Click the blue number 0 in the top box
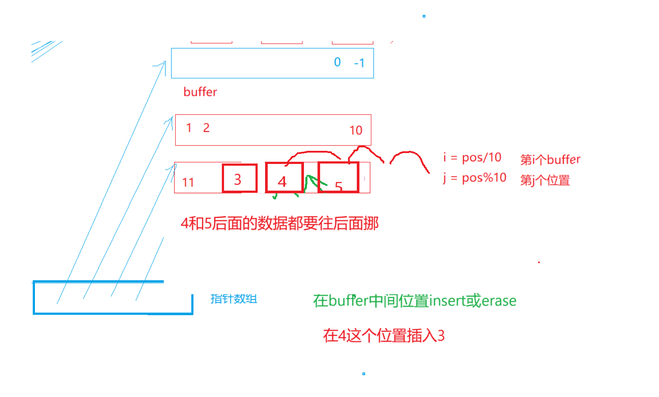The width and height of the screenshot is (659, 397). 337,62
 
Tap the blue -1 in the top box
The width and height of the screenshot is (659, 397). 359,63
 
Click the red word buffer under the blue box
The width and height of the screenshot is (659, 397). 200,92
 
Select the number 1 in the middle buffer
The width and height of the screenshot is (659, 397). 189,128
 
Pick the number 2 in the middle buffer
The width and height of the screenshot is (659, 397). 206,128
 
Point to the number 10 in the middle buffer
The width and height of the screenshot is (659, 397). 355,130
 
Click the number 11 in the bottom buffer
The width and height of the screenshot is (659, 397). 188,182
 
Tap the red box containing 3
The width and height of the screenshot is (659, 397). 239,178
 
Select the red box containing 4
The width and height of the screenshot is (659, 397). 284,178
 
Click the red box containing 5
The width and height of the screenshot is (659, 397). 338,178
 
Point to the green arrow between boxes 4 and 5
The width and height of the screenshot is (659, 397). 311,183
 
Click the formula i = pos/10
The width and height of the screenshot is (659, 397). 472,157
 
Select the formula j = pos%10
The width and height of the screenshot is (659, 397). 474,178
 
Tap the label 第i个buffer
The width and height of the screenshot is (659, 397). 550,160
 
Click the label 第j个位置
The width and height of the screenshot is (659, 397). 545,180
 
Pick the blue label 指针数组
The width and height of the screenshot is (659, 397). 234,299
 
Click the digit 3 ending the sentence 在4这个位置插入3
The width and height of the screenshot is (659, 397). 441,336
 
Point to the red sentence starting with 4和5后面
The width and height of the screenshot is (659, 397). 279,223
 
